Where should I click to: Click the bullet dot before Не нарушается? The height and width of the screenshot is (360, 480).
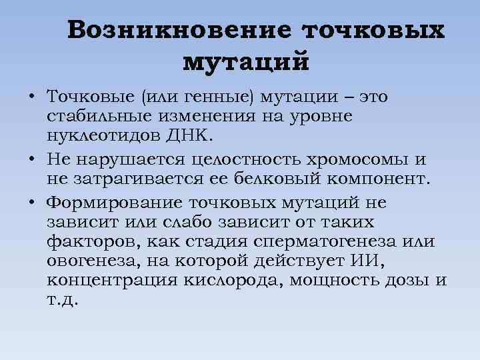(x=32, y=161)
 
